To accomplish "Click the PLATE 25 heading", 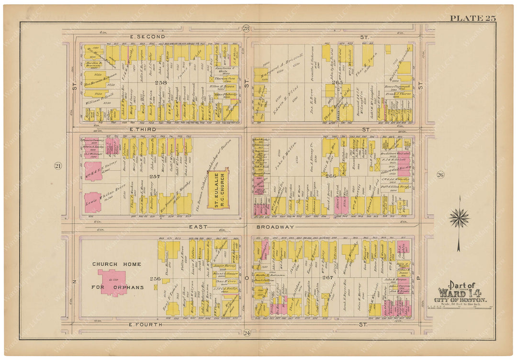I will (x=472, y=19).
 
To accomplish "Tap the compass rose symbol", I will (x=459, y=218).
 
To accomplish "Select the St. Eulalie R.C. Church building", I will (x=218, y=188).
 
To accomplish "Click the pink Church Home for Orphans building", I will (x=112, y=282).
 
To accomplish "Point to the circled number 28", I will (x=246, y=29).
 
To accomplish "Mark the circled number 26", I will (x=440, y=175).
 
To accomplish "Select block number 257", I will (x=155, y=176).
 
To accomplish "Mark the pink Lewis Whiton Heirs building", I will (x=93, y=202).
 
